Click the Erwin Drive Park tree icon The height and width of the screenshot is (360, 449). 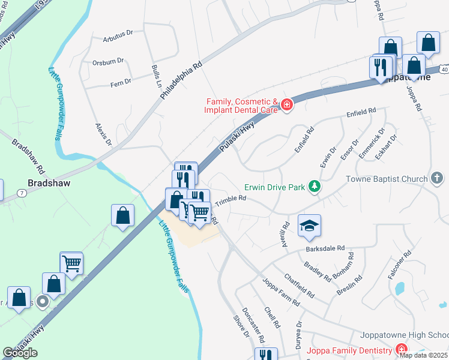(313, 187)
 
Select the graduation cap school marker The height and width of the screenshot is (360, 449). (309, 226)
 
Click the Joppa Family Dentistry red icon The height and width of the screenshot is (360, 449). (401, 350)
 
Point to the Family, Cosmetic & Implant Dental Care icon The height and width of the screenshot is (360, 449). (287, 106)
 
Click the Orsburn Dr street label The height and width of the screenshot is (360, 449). (108, 61)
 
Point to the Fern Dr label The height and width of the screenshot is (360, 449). (120, 82)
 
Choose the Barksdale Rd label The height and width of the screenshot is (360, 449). (325, 247)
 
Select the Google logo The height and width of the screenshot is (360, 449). (20, 353)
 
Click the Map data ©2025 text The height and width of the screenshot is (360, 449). (424, 355)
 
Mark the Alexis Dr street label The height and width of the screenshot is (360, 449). (104, 134)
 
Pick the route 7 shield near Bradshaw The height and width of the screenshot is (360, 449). (21, 193)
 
